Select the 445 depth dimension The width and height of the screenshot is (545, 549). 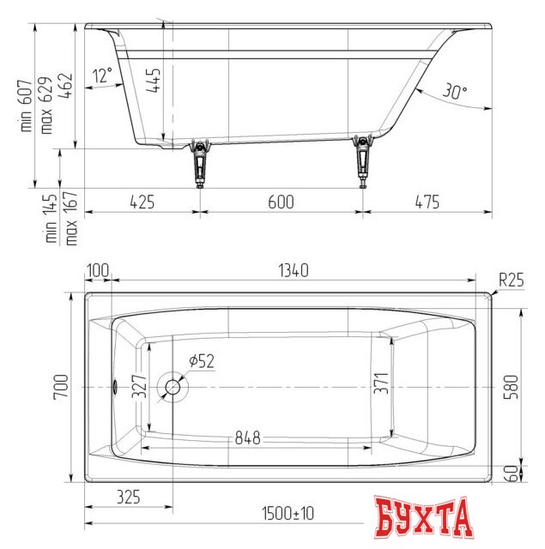point(152,81)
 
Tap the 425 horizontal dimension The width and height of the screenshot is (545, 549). point(142,202)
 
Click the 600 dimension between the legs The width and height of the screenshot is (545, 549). point(281,202)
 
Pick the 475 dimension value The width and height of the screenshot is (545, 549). point(427,202)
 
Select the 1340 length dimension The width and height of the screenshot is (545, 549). point(292,271)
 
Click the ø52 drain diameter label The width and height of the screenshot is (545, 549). point(200,362)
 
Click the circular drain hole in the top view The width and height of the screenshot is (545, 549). point(174,387)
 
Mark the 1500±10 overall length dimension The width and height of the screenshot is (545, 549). point(285,514)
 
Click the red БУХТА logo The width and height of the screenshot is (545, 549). point(423,517)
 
